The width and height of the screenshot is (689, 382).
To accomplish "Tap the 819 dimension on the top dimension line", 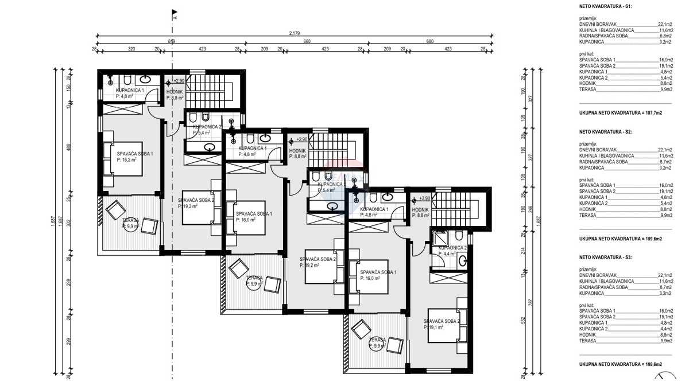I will pos(172,41).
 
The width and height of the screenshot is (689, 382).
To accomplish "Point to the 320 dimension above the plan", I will pos(131,49).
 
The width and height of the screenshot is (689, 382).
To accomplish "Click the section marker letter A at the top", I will pos(174,17).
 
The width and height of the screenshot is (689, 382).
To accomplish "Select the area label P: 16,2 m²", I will pos(126,161).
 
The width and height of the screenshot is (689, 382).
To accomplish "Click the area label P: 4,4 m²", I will pos(447,255).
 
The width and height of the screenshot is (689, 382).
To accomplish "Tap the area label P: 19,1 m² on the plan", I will pos(434,328).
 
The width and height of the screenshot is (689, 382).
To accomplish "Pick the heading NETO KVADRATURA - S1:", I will pos(605,7).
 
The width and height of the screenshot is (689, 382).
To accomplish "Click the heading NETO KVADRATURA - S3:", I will pos(605,258).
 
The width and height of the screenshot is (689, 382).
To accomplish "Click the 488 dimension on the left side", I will pos(68,146).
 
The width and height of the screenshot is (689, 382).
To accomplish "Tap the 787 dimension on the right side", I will pos(530,298).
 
